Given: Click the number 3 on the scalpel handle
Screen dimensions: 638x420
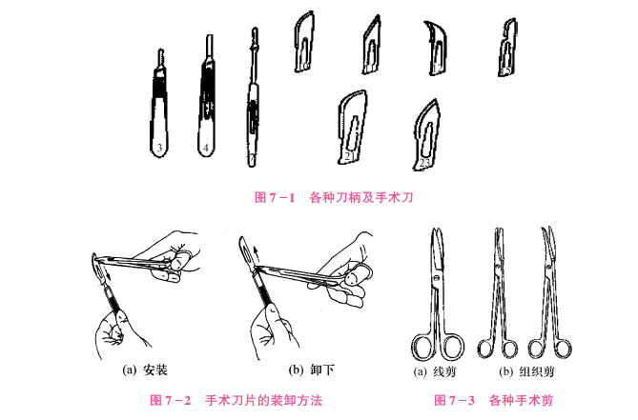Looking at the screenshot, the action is pyautogui.click(x=159, y=148).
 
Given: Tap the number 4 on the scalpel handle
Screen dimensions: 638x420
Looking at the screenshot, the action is pyautogui.click(x=206, y=148).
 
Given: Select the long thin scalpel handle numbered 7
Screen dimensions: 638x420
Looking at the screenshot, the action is pyautogui.click(x=253, y=97).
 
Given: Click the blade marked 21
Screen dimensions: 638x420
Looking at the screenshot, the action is pyautogui.click(x=352, y=127).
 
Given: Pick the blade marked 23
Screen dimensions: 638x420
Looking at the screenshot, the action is pyautogui.click(x=426, y=135).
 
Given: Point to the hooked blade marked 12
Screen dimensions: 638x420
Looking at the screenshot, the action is pyautogui.click(x=436, y=49).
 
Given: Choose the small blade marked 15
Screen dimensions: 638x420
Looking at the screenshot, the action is pyautogui.click(x=507, y=48).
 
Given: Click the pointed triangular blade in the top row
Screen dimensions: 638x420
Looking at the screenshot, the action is pyautogui.click(x=372, y=45).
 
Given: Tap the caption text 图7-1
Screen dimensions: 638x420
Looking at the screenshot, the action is pyautogui.click(x=275, y=197).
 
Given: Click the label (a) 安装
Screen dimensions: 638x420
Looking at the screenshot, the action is pyautogui.click(x=145, y=370).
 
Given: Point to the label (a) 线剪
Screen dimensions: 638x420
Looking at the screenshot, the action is pyautogui.click(x=435, y=371).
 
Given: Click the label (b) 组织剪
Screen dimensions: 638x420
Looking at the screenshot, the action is pyautogui.click(x=526, y=371).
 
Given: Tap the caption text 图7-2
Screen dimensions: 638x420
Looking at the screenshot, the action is pyautogui.click(x=170, y=401).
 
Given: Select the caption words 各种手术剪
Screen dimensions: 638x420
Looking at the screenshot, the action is pyautogui.click(x=521, y=401).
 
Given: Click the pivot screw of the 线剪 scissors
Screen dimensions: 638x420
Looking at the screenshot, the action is pyautogui.click(x=436, y=278).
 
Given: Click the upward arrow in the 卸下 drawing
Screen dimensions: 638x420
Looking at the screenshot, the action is pyautogui.click(x=256, y=254).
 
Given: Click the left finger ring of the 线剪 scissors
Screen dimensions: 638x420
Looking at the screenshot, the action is pyautogui.click(x=413, y=348).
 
